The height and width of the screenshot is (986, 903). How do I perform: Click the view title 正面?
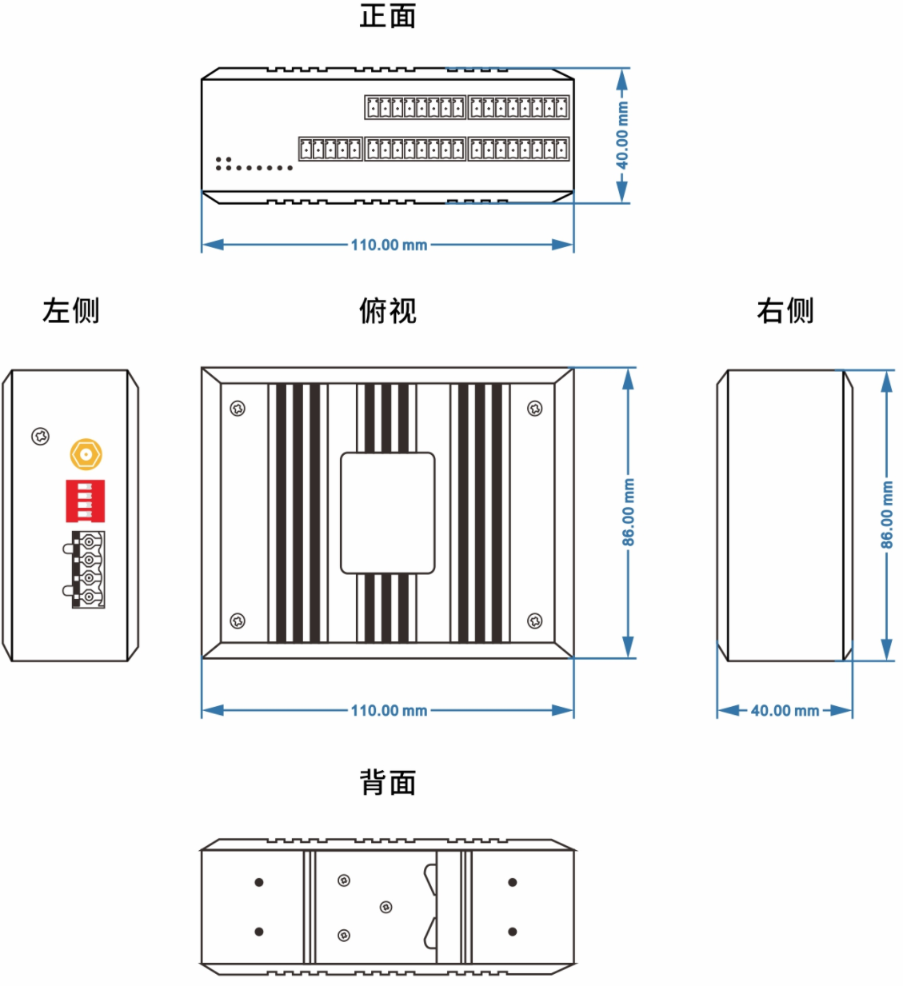point(388,16)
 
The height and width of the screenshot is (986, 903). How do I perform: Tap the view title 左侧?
point(71,310)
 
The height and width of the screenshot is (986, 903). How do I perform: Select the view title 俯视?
point(388,310)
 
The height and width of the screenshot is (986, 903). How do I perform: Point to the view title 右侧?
point(785,310)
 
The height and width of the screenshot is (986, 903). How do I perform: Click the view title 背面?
point(388,782)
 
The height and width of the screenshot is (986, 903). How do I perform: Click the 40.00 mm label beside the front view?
point(622,135)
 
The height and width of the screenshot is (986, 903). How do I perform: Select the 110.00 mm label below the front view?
point(389,245)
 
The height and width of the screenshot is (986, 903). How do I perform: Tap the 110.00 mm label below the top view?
point(389,710)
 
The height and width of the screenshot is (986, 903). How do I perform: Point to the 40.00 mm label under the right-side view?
point(785,710)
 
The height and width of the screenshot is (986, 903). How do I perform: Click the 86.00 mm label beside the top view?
point(629,513)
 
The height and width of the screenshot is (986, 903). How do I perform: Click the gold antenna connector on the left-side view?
point(86,455)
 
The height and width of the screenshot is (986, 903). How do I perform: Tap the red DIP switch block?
point(86,501)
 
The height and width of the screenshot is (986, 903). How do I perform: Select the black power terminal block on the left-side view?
point(88,569)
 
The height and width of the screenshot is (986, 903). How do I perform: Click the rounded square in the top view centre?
point(388,513)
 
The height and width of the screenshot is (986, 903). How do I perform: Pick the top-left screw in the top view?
point(238,409)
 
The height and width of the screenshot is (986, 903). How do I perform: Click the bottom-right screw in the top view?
point(535,621)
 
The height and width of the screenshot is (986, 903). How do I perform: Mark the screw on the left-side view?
point(41,437)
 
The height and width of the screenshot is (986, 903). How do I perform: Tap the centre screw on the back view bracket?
point(386,907)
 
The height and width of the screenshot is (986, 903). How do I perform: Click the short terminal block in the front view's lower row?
point(330,149)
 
